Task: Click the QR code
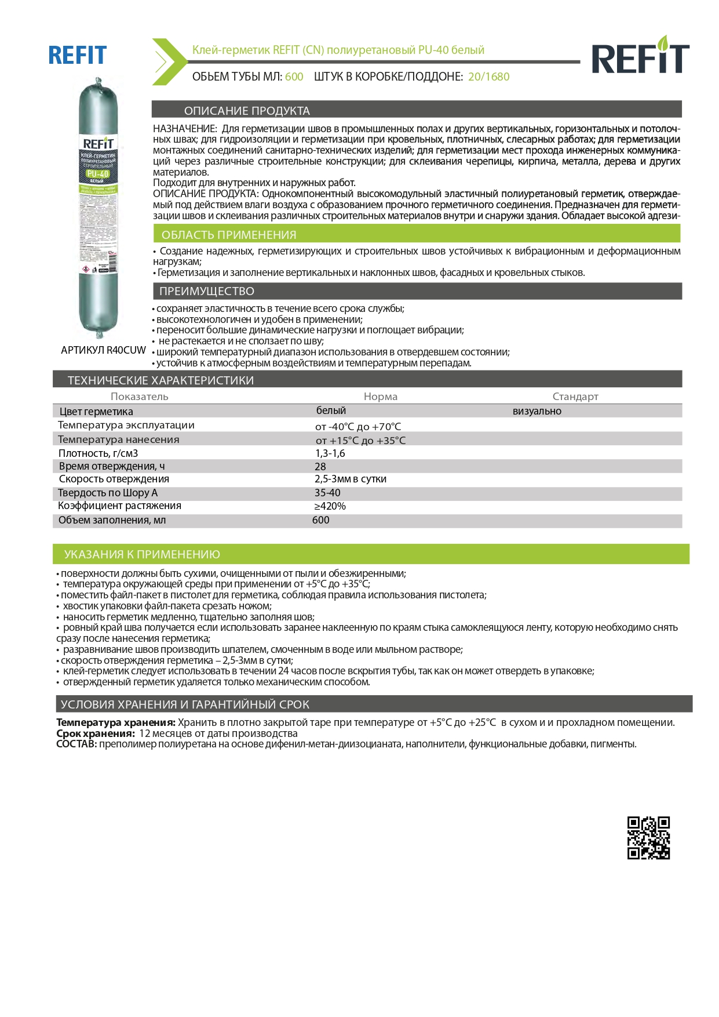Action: [648, 838]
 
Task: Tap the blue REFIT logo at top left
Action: [77, 56]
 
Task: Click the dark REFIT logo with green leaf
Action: [640, 56]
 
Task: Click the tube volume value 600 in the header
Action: [294, 77]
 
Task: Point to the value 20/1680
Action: [488, 77]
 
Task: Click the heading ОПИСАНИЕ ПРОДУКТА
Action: [247, 111]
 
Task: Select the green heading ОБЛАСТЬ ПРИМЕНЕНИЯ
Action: [229, 235]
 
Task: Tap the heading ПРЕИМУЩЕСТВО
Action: [207, 291]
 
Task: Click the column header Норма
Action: [380, 397]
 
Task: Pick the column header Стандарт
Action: [575, 397]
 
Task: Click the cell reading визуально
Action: [536, 411]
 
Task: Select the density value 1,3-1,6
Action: [330, 453]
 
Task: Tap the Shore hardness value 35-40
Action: [327, 493]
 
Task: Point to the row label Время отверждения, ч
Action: [112, 466]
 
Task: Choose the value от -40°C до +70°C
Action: [358, 427]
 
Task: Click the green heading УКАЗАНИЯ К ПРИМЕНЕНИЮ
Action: [142, 554]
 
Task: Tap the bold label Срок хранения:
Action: [96, 733]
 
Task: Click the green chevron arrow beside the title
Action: [166, 61]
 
